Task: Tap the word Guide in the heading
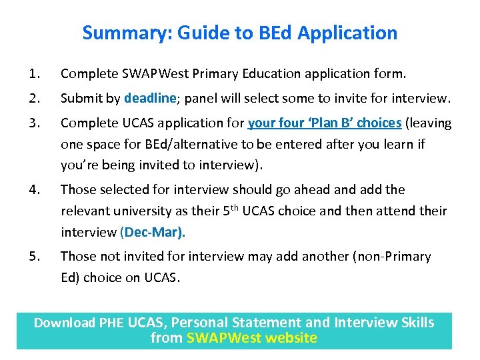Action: coord(203,33)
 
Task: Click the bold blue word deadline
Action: coord(149,99)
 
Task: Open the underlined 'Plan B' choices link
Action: coord(325,123)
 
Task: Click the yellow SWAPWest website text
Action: coord(252,338)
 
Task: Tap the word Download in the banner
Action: coord(65,323)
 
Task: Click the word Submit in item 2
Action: coord(80,99)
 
